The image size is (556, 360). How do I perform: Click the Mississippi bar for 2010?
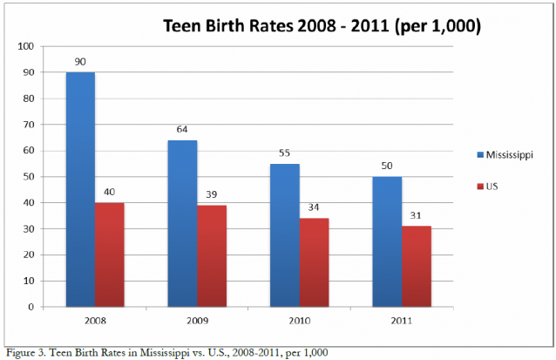click(x=285, y=235)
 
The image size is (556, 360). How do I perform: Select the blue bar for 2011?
click(x=388, y=241)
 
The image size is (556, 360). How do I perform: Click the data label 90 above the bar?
click(x=79, y=62)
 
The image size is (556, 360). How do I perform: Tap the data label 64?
click(x=182, y=130)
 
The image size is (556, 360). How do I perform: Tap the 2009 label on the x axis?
click(x=196, y=320)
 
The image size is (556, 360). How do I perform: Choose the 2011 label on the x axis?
click(x=403, y=320)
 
